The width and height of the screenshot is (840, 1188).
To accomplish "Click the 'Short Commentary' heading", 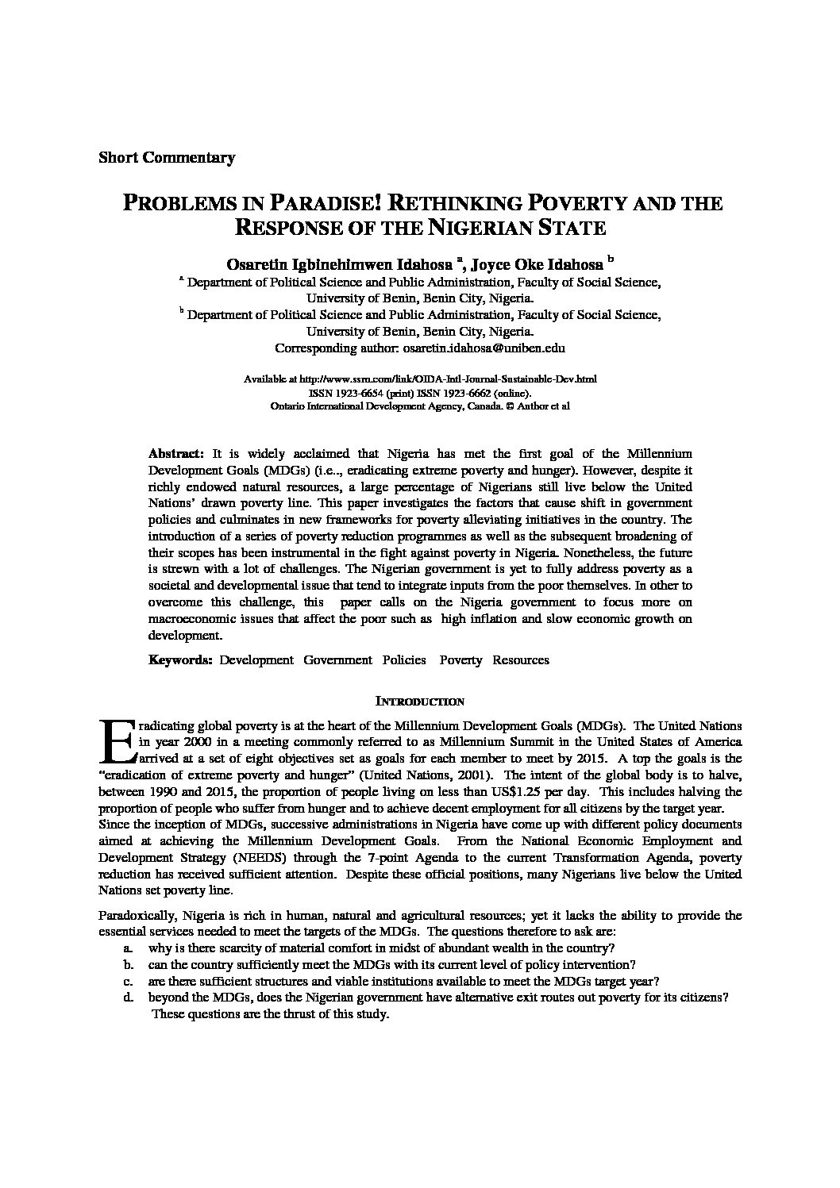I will click(166, 157).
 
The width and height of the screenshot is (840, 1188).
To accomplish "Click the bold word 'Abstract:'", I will click(176, 453).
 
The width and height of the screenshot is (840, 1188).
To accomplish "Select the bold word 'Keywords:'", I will click(180, 659).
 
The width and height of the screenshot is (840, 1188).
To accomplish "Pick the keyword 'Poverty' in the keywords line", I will click(460, 659).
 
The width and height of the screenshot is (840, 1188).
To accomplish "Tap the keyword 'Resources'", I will click(521, 659).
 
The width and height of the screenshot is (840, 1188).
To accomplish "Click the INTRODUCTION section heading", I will click(419, 702).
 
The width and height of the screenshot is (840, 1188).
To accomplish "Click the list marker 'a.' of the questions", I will click(127, 948).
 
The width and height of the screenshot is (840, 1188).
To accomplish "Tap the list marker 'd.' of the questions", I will click(127, 998).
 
